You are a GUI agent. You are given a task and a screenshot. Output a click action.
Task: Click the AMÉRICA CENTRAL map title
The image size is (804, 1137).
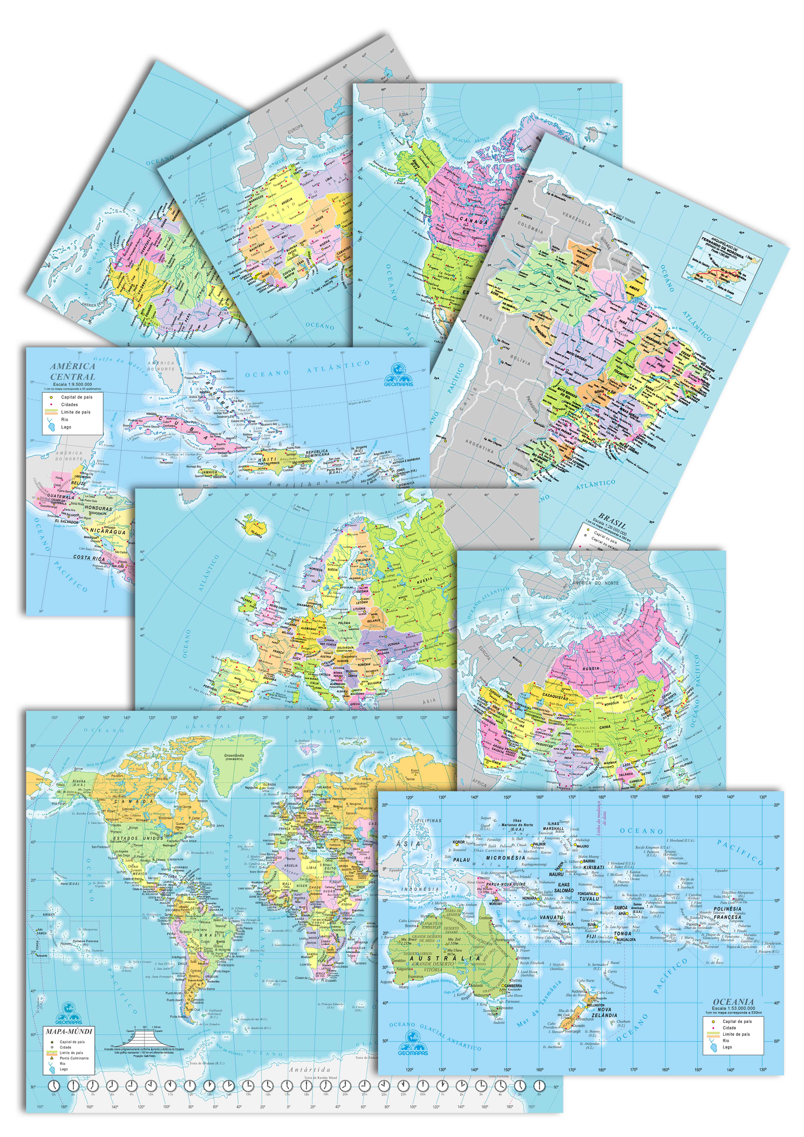[x=72, y=371]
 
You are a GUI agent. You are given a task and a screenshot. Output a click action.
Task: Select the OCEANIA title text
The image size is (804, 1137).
[x=733, y=1001]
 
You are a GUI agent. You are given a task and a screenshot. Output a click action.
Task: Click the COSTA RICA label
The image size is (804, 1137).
[x=89, y=557]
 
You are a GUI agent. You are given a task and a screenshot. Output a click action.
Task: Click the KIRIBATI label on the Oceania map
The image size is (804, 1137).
[x=594, y=867]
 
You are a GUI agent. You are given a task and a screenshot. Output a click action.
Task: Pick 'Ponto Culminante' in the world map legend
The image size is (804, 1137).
[x=74, y=1058]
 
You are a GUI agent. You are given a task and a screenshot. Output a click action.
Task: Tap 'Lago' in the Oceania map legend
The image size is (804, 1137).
[x=727, y=1047]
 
